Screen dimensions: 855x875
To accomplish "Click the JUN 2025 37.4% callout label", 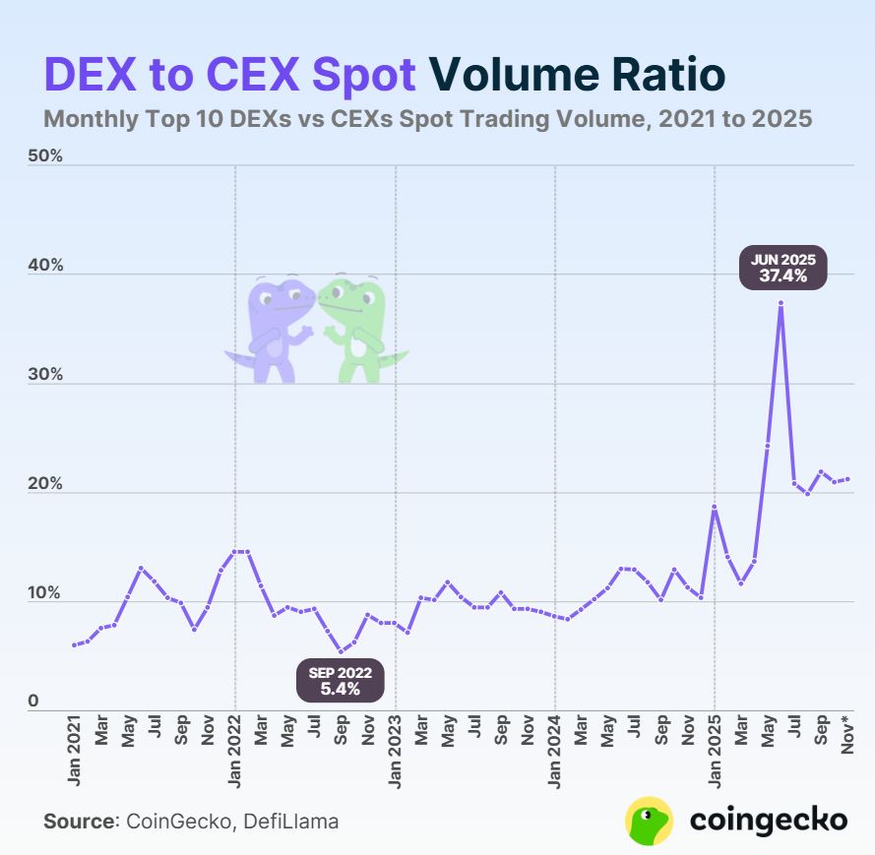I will pos(783,269).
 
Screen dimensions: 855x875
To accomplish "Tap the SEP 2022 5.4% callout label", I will pos(341,681).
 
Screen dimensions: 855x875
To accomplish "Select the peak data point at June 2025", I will pos(781,303).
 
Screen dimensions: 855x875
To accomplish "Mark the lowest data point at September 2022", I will pos(341,651).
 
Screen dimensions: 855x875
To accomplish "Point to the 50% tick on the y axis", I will pos(45,156).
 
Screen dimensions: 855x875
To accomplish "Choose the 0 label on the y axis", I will pos(32,702).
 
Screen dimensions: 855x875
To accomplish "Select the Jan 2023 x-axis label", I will pos(396,758).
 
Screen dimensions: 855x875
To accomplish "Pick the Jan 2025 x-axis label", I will pos(716,758).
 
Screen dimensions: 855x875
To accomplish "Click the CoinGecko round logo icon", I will pos(650,821).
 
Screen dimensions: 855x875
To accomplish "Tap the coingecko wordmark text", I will pos(768,821).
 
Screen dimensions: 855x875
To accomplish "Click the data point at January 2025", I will pos(715,508).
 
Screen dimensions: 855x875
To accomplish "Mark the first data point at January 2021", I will pos(75,644).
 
